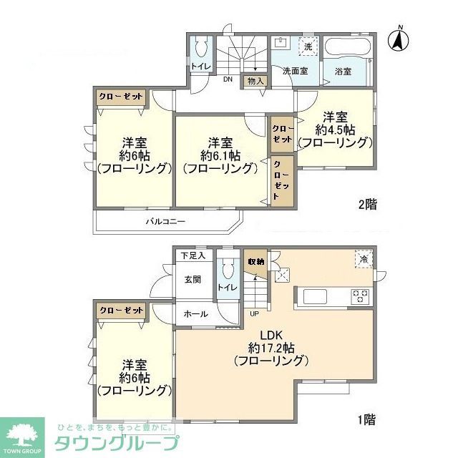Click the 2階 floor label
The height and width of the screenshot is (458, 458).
coord(367,205)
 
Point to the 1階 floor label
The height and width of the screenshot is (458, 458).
coord(367,419)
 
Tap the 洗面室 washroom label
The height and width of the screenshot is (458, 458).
coord(293,72)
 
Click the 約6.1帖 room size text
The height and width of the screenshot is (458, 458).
coord(220,155)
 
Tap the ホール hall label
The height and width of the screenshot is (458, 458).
coord(195,313)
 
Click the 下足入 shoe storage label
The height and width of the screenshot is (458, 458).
coord(193,255)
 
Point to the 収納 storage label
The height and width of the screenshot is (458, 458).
coord(256,262)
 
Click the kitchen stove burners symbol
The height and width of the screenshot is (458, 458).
coord(359,294)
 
